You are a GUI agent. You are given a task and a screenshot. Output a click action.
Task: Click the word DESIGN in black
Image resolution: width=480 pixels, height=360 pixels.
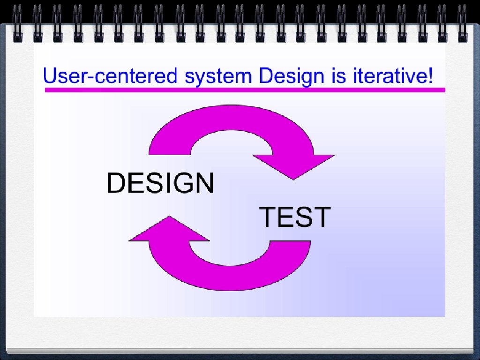pos(160,182)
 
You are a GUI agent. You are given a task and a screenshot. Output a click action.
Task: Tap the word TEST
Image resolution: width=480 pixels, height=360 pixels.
pos(295,217)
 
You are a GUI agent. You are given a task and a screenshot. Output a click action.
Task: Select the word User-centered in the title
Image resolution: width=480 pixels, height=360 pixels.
pos(110,75)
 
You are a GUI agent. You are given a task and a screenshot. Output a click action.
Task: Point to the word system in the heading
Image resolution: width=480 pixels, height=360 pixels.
pos(218,77)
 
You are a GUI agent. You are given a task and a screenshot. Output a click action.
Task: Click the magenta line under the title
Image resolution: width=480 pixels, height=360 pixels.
pos(245,90)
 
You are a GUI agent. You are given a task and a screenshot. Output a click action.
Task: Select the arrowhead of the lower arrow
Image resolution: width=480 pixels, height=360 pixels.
pos(169,229)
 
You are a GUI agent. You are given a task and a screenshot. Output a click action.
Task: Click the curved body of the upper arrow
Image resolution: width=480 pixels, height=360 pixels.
pos(231,118)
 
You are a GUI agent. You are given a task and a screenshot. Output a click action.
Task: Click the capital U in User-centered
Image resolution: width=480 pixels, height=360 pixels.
pos(51,75)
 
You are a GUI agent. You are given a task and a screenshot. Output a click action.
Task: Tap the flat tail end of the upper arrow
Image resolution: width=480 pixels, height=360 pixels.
pos(170,155)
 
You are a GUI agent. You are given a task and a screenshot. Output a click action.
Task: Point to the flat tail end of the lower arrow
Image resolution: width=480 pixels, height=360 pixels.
pos(290,241)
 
